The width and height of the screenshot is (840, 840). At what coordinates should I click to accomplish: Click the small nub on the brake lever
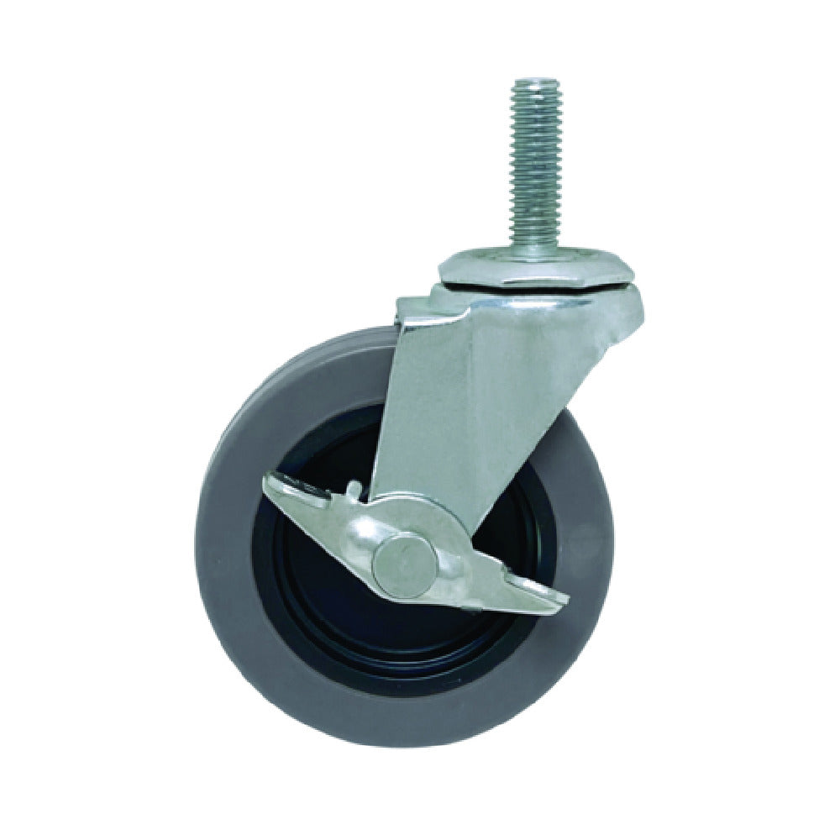[354, 488]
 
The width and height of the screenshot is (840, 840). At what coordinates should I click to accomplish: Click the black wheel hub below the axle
[395, 638]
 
